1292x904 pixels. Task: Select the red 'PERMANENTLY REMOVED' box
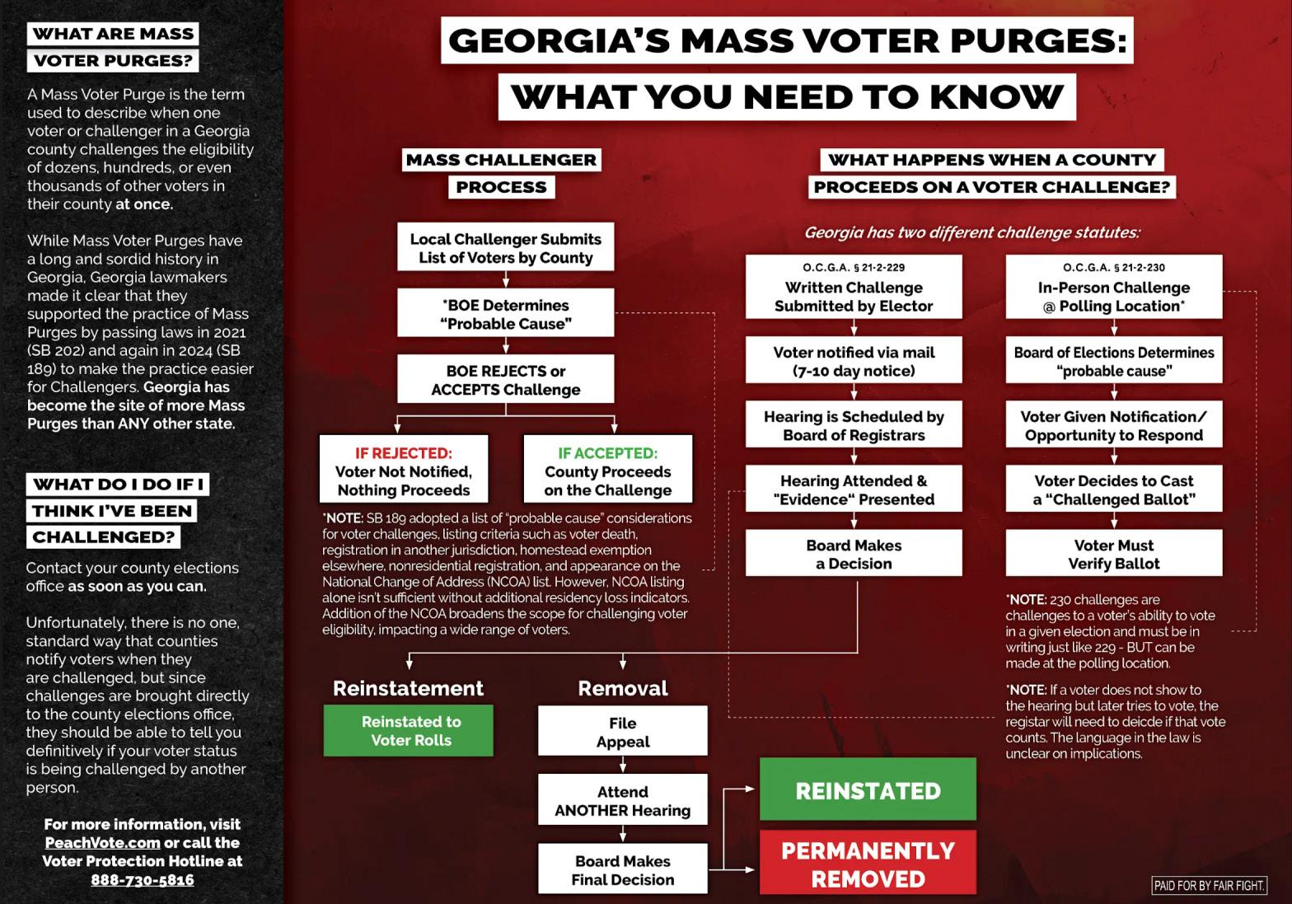[868, 864]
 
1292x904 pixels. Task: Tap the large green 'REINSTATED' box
[868, 791]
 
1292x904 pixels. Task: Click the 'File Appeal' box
[623, 732]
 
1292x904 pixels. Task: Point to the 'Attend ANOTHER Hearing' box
[623, 801]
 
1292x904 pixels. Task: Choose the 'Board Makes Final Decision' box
[623, 870]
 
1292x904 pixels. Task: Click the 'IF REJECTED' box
[404, 471]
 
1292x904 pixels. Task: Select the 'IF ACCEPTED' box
[608, 471]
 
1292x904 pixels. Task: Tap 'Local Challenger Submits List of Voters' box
[505, 248]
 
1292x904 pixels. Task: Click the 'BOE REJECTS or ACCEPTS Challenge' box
[505, 380]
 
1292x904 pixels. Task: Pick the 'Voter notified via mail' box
[854, 361]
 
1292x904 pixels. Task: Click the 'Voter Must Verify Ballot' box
[1114, 554]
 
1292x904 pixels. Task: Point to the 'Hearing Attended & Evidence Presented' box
[854, 489]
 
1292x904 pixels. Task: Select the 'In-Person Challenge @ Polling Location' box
[1114, 288]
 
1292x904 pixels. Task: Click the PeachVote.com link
[102, 842]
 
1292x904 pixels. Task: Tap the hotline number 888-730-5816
[143, 879]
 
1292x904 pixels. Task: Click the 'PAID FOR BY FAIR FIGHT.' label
[1209, 886]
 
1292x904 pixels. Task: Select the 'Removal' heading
[623, 688]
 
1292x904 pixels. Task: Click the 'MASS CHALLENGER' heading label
[501, 160]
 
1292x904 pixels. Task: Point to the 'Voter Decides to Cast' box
[1114, 489]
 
